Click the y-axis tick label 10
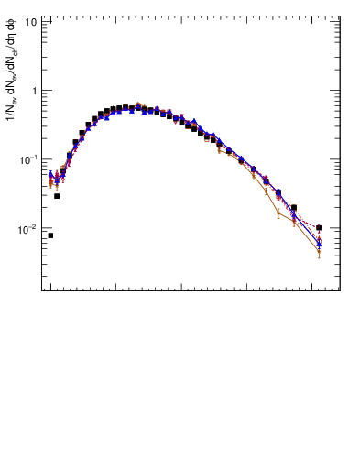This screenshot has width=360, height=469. point(30,21)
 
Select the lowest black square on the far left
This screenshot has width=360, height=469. point(50,235)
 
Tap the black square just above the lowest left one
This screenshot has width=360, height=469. point(57,196)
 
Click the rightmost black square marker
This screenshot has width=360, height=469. point(319,227)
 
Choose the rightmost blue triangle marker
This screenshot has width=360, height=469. point(319,245)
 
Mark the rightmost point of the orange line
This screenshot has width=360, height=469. point(319,251)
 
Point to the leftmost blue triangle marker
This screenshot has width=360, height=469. point(51,174)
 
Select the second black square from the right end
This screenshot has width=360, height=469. point(294,208)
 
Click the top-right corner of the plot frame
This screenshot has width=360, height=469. point(340,15)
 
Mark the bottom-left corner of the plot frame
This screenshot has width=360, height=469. point(41,291)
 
